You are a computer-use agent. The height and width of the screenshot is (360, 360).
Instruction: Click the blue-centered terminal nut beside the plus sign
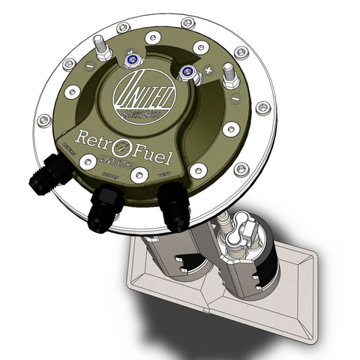pos(187,71)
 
